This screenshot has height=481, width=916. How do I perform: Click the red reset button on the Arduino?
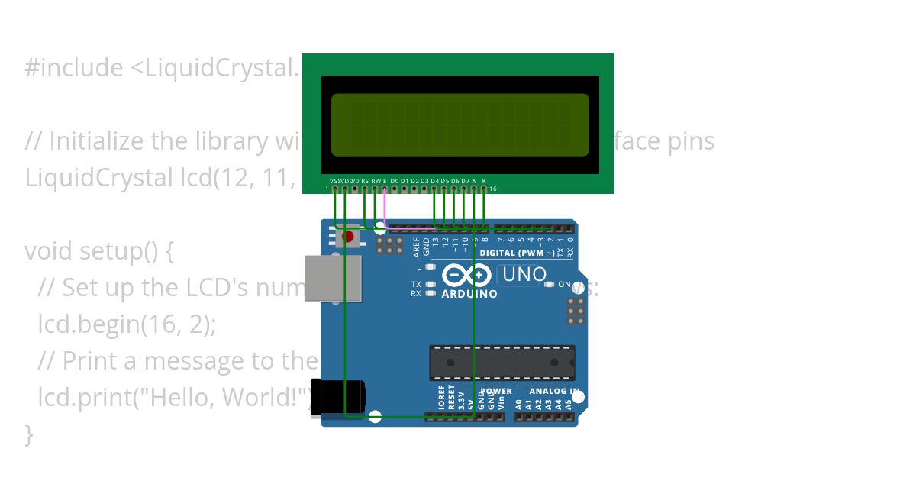pyautogui.click(x=349, y=237)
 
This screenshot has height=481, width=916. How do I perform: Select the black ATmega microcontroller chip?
pyautogui.click(x=502, y=363)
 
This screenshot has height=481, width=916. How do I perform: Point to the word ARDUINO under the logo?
pyautogui.click(x=469, y=294)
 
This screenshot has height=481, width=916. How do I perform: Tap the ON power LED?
pyautogui.click(x=550, y=285)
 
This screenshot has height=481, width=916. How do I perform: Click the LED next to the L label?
pyautogui.click(x=431, y=266)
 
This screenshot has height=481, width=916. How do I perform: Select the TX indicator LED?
pyautogui.click(x=431, y=284)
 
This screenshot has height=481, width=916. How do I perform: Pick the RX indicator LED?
pyautogui.click(x=431, y=293)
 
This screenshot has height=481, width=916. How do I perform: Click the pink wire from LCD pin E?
pyautogui.click(x=385, y=206)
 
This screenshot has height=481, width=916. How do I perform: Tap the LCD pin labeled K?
pyautogui.click(x=484, y=188)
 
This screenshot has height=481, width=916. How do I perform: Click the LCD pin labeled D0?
pyautogui.click(x=395, y=188)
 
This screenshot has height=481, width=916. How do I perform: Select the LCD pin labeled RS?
pyautogui.click(x=365, y=188)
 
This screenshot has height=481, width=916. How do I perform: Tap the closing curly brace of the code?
pyautogui.click(x=30, y=434)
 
